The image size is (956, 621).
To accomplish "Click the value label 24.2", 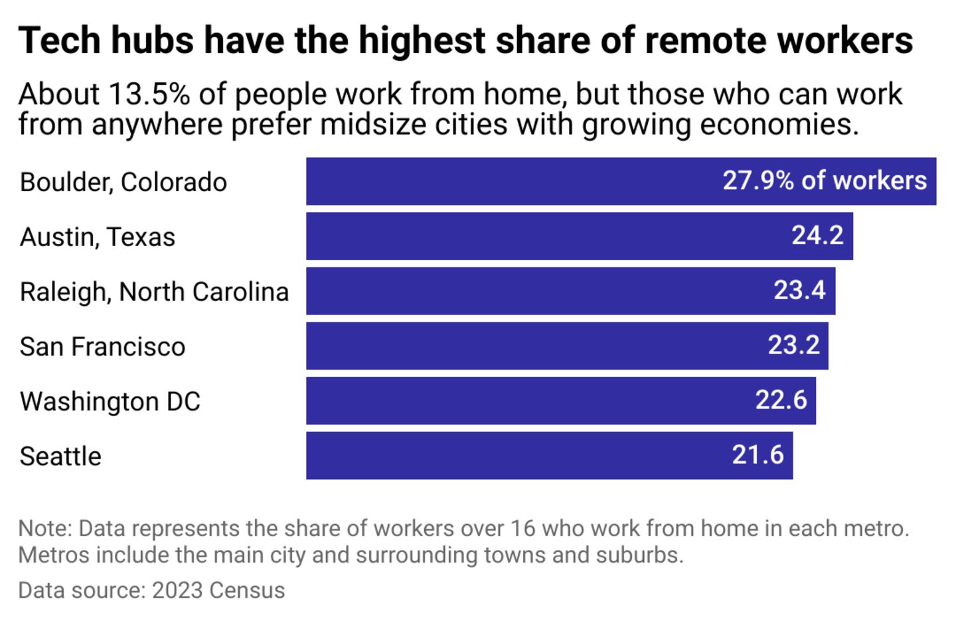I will click(817, 236).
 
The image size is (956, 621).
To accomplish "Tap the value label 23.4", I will click(799, 291).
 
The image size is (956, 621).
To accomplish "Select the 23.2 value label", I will click(793, 345).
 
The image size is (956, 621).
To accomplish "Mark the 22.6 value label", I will click(781, 400).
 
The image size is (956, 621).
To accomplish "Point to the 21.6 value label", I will click(757, 455).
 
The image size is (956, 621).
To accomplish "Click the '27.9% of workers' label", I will click(825, 180).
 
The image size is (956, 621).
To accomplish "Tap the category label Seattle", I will click(60, 456).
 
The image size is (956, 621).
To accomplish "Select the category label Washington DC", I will click(110, 401).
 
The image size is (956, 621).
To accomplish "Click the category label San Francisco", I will click(102, 346).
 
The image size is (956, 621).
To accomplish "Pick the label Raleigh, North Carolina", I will click(154, 292).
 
